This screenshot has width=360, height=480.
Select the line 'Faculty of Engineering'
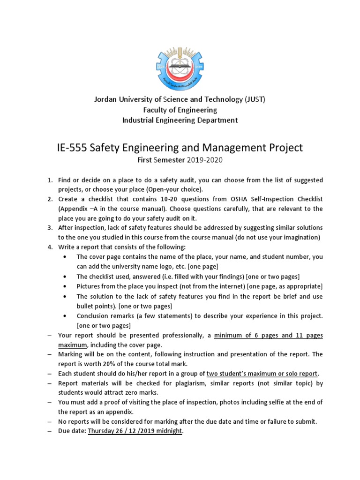pos(180,110)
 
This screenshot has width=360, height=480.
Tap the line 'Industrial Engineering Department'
pos(180,120)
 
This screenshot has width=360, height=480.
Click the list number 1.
pos(50,180)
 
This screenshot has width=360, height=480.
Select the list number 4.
pos(50,247)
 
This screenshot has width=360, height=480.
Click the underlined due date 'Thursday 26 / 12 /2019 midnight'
pos(135,431)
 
